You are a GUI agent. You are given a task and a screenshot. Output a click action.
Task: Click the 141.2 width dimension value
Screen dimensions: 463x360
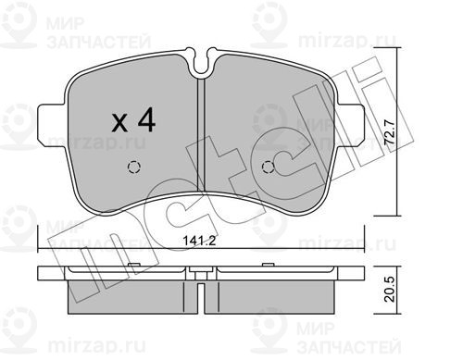coord(199,241)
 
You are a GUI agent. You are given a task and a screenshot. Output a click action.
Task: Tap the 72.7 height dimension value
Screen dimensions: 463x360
coord(390,131)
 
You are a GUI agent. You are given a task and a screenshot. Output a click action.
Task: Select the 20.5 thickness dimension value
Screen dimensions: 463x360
coord(390,289)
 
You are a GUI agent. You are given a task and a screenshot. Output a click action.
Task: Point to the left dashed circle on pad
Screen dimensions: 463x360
coord(134,168)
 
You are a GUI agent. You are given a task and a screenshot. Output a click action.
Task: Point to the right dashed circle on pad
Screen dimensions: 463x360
coord(268,168)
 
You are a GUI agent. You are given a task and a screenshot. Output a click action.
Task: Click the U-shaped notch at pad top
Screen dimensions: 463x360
coord(201,63)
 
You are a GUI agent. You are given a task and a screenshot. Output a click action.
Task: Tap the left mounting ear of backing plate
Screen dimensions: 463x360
coord(52,124)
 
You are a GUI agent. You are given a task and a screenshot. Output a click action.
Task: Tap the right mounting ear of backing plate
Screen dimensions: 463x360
coord(350,124)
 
